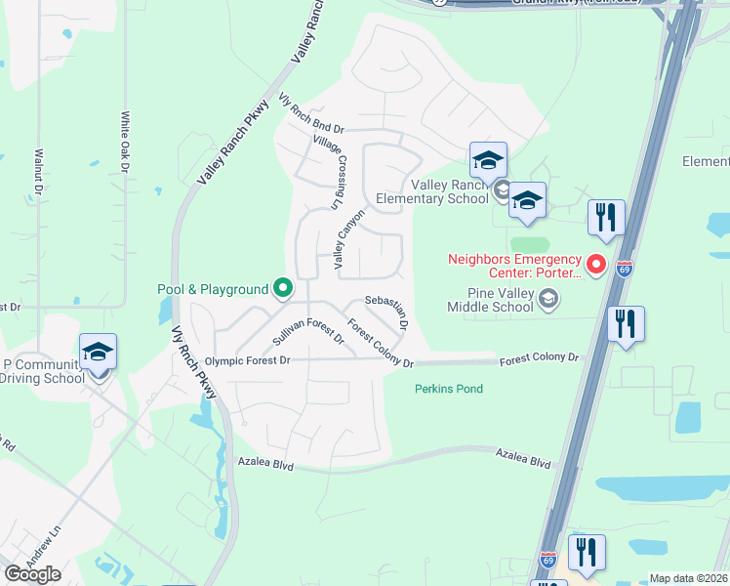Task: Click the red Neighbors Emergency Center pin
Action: (x=595, y=265)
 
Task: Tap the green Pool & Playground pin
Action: (x=283, y=288)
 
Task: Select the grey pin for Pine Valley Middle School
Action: (x=549, y=298)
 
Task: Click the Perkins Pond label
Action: (x=449, y=389)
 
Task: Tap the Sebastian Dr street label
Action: (x=384, y=308)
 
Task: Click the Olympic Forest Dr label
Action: (x=248, y=361)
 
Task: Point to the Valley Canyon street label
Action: (x=348, y=238)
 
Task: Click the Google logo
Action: (x=31, y=574)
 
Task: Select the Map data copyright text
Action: (x=688, y=578)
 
